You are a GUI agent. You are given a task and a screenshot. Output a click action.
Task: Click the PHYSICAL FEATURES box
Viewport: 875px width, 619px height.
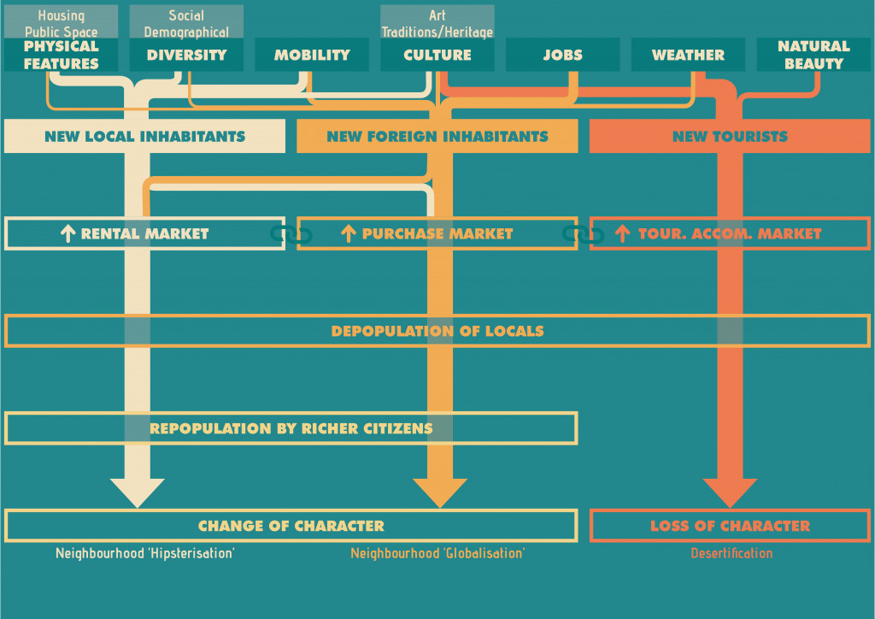click(61, 55)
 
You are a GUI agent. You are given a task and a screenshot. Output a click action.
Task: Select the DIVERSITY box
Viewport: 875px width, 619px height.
click(186, 55)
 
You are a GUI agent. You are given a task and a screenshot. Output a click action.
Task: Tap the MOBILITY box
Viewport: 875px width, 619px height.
click(312, 55)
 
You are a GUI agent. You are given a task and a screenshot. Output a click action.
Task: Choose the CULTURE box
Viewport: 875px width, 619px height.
click(437, 55)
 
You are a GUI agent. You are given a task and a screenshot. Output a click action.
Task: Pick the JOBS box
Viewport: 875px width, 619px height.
click(562, 55)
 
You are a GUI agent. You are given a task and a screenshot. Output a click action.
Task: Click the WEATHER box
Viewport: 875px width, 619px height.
click(688, 55)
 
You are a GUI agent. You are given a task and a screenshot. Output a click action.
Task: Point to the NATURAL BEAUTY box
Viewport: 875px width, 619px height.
click(813, 55)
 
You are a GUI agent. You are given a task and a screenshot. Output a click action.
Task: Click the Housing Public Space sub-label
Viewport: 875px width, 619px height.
click(61, 23)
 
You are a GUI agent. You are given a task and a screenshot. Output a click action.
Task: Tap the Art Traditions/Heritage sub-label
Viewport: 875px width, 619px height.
click(437, 23)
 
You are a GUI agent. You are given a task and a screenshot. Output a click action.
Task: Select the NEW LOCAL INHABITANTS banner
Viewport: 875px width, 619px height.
click(144, 136)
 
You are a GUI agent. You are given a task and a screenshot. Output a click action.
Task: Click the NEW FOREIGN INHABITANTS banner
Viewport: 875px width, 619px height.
click(437, 136)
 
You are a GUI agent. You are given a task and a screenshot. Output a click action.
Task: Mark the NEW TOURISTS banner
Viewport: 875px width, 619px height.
click(730, 136)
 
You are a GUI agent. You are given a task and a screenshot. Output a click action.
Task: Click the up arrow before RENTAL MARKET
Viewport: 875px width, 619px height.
click(68, 233)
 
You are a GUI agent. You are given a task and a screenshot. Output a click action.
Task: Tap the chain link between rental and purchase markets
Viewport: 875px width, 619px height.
click(291, 233)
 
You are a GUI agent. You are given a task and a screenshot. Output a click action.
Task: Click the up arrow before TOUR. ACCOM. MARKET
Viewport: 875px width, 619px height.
click(623, 233)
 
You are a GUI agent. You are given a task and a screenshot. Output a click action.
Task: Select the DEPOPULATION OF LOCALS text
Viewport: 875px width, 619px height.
click(437, 331)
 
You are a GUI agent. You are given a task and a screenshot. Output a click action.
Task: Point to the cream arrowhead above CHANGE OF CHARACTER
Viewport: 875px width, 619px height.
click(138, 492)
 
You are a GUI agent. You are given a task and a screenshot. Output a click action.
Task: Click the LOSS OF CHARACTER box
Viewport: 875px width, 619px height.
click(730, 526)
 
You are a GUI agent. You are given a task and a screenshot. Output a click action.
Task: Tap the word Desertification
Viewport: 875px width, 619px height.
click(731, 553)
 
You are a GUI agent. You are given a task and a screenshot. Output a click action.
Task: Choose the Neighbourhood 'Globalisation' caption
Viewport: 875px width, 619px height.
click(437, 553)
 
